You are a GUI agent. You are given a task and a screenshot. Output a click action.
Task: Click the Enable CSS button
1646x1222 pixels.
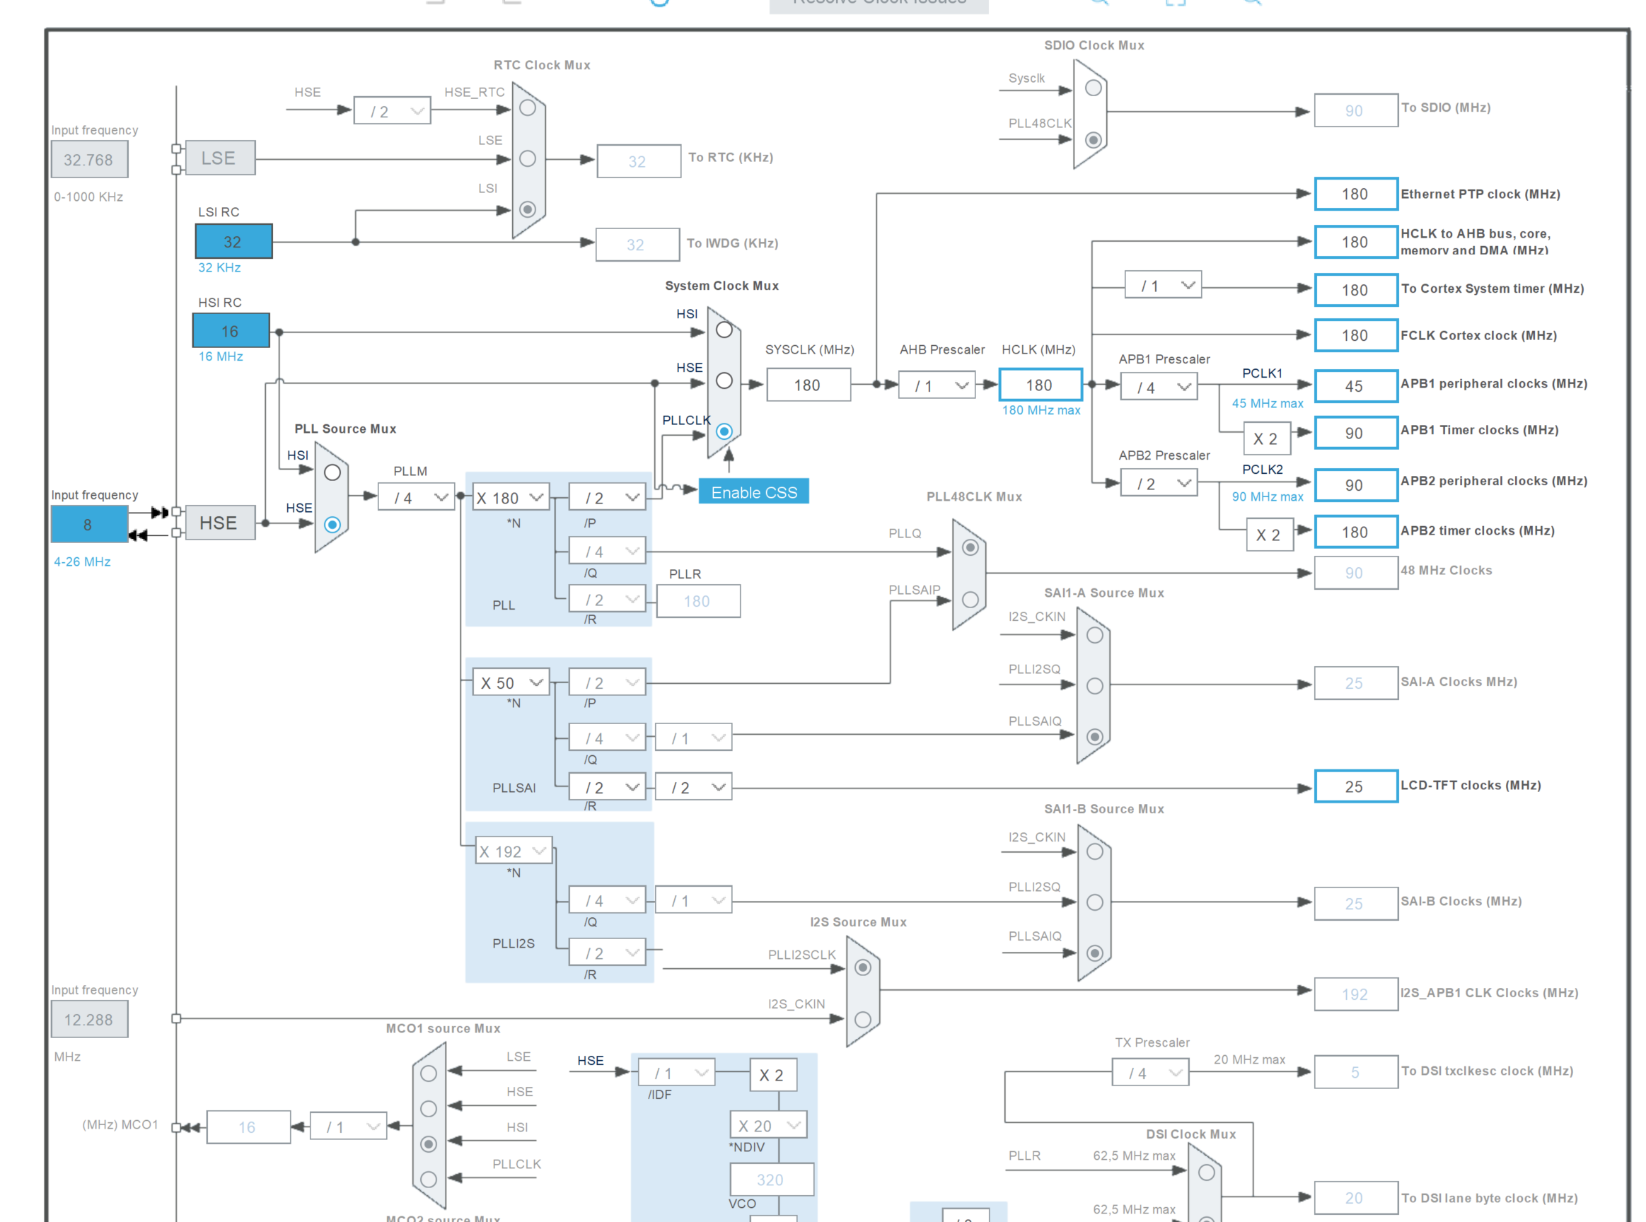753,492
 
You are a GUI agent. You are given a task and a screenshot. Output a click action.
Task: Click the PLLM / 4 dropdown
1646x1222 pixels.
416,497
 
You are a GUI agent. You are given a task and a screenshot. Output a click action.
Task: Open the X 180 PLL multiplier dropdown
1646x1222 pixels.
510,497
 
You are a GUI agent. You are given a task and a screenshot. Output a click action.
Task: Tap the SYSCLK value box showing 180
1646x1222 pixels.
808,385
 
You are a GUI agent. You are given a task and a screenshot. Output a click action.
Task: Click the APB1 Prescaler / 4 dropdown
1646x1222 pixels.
1158,387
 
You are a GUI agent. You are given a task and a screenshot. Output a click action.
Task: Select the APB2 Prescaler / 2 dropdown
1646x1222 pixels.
1158,484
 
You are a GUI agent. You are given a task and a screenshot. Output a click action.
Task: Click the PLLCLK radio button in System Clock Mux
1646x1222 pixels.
724,431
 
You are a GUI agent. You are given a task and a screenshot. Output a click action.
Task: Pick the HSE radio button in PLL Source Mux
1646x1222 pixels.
332,525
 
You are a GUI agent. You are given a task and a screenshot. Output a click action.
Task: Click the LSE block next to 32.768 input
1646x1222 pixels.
220,158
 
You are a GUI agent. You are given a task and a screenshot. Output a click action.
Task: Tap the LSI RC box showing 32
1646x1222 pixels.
233,242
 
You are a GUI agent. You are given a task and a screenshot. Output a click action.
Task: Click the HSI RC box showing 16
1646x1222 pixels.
231,331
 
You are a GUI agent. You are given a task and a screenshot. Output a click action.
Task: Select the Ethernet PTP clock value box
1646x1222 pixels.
1355,194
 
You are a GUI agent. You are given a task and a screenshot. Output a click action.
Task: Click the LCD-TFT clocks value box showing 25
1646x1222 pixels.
1355,786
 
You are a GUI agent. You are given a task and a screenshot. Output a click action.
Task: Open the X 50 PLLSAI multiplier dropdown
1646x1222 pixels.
510,682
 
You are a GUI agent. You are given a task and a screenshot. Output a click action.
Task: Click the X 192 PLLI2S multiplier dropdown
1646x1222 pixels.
512,851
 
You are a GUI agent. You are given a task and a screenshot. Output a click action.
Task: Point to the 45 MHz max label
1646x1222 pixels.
1266,403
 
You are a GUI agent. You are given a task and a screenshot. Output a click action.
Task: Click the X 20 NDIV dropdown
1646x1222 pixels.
767,1125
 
